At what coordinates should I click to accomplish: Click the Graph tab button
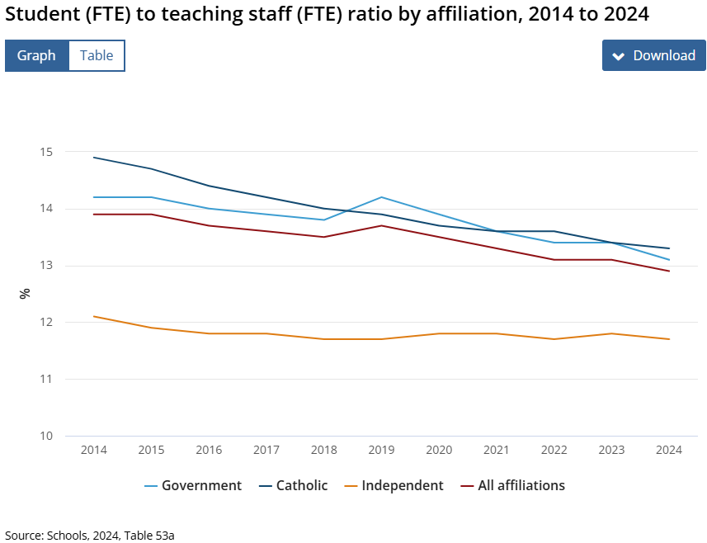[x=36, y=55]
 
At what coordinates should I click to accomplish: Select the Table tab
[x=97, y=55]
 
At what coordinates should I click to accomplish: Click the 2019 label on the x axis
[x=381, y=450]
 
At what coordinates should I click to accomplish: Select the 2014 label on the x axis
[x=94, y=450]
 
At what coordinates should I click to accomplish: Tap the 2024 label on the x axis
[x=668, y=450]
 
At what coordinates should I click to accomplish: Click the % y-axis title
[x=25, y=293]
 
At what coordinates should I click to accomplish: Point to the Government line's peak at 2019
[x=381, y=197]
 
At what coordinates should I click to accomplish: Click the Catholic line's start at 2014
[x=94, y=158]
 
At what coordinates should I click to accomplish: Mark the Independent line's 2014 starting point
[x=94, y=316]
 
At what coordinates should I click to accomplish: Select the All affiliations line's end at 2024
[x=668, y=271]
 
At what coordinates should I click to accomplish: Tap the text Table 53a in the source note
[x=149, y=535]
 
